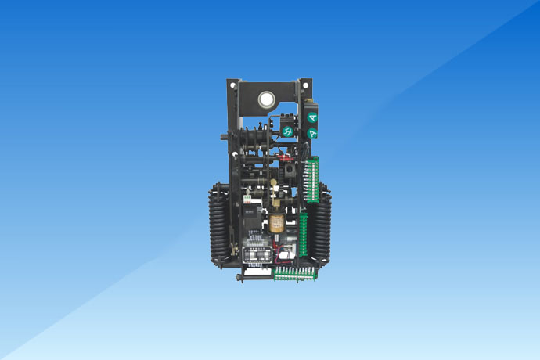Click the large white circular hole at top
(265, 99)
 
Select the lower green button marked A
(312, 133)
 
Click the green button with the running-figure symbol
(286, 131)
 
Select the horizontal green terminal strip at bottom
(295, 273)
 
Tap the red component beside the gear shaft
(283, 157)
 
